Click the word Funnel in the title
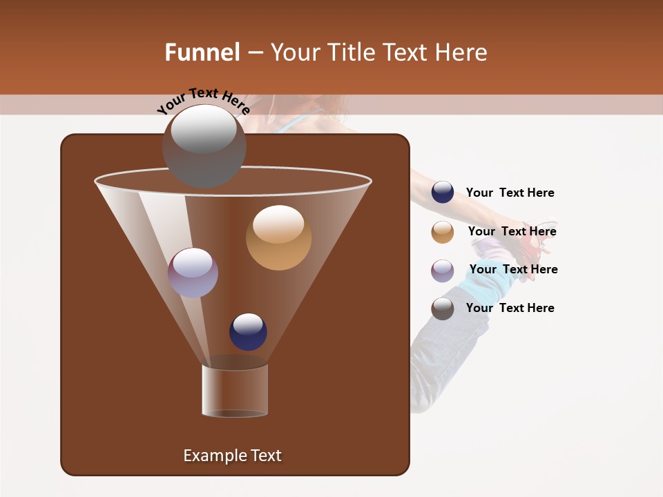click(x=202, y=52)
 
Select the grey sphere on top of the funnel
click(x=204, y=146)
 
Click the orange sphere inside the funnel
click(x=278, y=237)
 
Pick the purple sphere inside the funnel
click(x=193, y=273)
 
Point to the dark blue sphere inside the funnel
click(x=248, y=331)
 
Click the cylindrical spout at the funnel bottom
click(x=235, y=391)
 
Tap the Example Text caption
click(x=232, y=456)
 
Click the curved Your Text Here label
click(x=203, y=101)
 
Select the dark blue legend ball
click(x=443, y=193)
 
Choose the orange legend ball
click(x=443, y=232)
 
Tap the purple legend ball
click(x=443, y=271)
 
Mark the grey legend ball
click(x=443, y=309)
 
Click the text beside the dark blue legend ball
click(x=510, y=193)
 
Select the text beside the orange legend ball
click(x=512, y=232)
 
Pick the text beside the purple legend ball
click(x=513, y=270)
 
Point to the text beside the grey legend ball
click(x=510, y=308)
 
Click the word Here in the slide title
click(x=462, y=52)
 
